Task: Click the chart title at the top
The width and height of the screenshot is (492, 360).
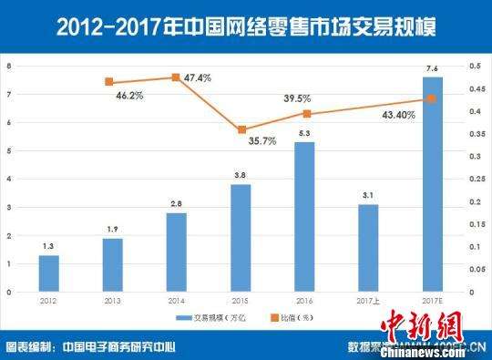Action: coord(246,26)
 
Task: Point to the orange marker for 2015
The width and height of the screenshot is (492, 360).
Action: coord(241,130)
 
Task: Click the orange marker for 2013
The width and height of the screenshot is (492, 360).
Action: coord(108,82)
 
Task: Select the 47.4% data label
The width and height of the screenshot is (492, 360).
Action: coord(197,78)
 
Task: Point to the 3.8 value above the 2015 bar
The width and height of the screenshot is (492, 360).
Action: coord(241,175)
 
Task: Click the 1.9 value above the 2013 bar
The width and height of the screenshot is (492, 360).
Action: coord(113,229)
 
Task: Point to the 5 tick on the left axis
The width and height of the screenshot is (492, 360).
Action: coord(9,150)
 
